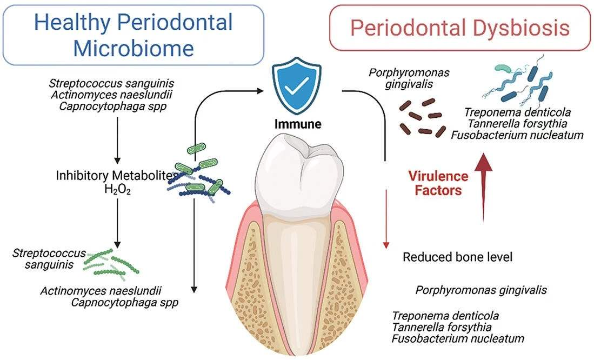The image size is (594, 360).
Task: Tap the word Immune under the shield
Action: (296, 124)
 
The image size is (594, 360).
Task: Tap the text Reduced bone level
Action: (457, 257)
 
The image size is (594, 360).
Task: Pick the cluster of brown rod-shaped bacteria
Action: (421, 117)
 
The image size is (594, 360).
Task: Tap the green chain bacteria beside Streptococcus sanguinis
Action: (112, 261)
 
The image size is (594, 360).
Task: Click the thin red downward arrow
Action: (385, 216)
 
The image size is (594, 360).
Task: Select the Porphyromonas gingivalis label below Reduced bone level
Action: (481, 290)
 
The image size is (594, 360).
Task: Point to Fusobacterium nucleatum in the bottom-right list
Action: (458, 339)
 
